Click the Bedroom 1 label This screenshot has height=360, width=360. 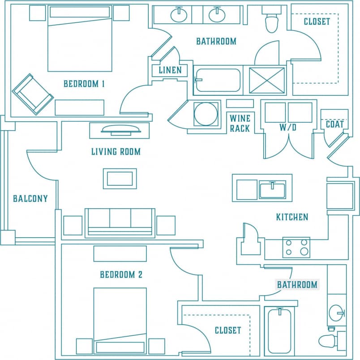coord(84,83)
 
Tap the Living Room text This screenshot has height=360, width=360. coord(116,152)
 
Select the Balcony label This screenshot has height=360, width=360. coord(30,199)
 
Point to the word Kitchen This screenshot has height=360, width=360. coord(292,217)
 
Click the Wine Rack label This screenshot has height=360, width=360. coord(240,123)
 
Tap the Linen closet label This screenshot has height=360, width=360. coord(170,70)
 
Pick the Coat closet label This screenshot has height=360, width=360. coord(334,124)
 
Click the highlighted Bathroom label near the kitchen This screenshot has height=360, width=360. coord(297,285)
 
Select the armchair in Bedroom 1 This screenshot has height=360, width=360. coord(33,94)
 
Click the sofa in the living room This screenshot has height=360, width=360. coord(120,222)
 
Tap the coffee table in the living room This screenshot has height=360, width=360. coord(120,178)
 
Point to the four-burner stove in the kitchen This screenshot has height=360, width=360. coord(296,248)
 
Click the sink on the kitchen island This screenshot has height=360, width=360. coord(272,189)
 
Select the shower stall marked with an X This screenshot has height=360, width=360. coord(267,81)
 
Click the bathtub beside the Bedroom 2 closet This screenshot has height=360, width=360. coord(279,331)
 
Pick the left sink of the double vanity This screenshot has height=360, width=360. coord(179,15)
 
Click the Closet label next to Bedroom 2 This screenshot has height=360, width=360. coord(227,330)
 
